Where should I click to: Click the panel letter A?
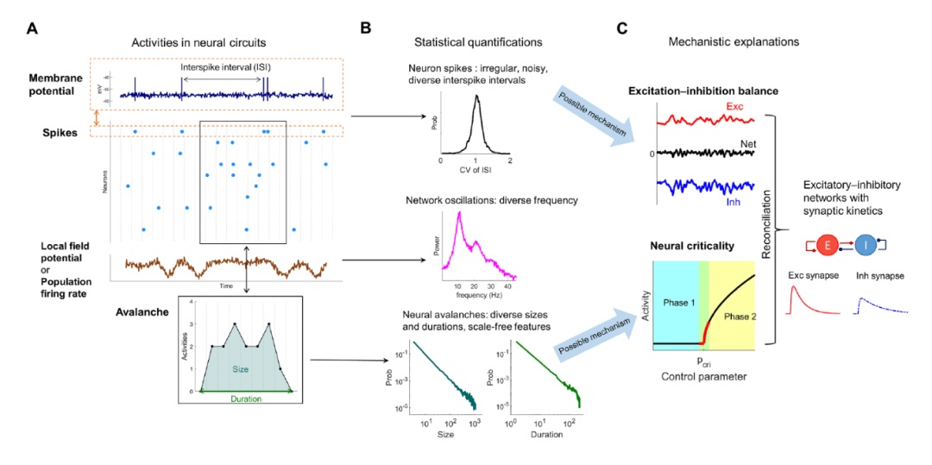tap(32, 28)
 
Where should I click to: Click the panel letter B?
tap(366, 28)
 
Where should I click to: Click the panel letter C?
tap(622, 28)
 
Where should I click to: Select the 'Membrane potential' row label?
tap(61, 84)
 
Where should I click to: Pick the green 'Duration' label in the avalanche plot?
tap(246, 399)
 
